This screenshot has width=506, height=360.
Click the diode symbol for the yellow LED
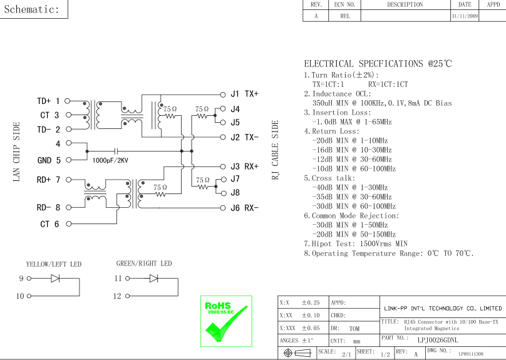click(x=56, y=279)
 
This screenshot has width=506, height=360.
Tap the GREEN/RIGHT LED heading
click(x=144, y=264)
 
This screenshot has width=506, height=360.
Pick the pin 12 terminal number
click(x=118, y=296)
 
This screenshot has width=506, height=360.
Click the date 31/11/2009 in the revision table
click(x=463, y=16)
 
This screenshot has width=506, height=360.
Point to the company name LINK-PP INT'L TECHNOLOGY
click(x=442, y=309)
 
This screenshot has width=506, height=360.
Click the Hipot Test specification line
click(x=355, y=244)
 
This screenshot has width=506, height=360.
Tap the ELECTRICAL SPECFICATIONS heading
click(x=378, y=64)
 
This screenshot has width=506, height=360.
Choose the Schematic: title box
click(x=32, y=9)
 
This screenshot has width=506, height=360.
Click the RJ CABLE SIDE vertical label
click(x=275, y=150)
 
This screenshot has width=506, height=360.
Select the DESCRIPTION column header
click(x=405, y=4)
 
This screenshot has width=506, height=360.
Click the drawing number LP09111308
click(x=470, y=354)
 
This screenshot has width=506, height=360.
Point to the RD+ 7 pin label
click(x=48, y=180)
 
